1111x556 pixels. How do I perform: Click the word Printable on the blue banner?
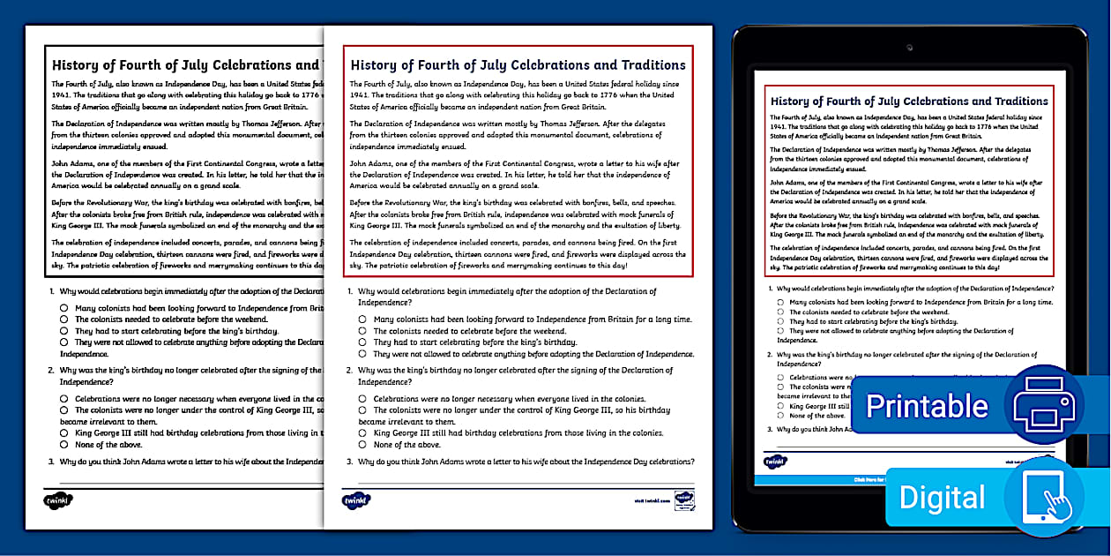(927, 406)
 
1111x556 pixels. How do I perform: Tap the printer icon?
(1044, 404)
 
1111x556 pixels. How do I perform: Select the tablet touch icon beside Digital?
(1045, 496)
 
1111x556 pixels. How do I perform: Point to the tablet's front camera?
(908, 47)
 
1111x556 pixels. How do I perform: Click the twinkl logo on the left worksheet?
(58, 500)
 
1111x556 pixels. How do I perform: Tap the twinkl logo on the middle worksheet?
(356, 500)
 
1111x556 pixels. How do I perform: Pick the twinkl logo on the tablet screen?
(775, 462)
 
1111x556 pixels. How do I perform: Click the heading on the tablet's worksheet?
(909, 101)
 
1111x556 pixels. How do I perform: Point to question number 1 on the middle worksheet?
(350, 291)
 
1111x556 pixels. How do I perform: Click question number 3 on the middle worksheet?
(350, 462)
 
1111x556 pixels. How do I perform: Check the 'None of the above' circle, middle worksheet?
(362, 445)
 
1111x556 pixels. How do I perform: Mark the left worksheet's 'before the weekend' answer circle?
(64, 319)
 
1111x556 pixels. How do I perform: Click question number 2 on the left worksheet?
(52, 371)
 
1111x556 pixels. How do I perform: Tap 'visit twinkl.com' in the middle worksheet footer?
(652, 500)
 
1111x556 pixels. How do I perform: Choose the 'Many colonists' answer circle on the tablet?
(780, 302)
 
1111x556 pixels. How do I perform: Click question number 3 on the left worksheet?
(52, 461)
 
